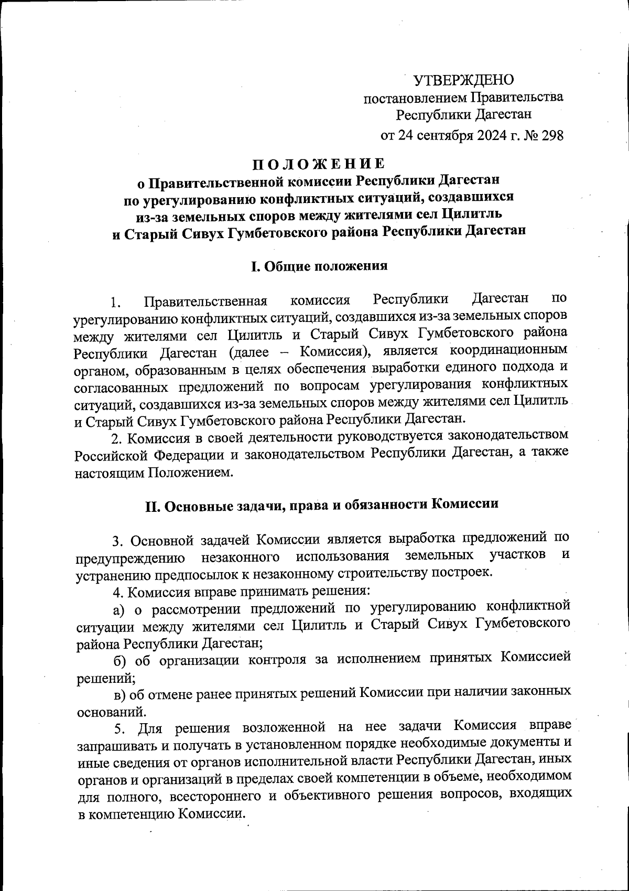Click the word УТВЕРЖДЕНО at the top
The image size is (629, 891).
[464, 80]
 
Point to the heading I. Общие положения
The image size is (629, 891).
[319, 266]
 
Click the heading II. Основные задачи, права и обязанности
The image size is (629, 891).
[321, 504]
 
